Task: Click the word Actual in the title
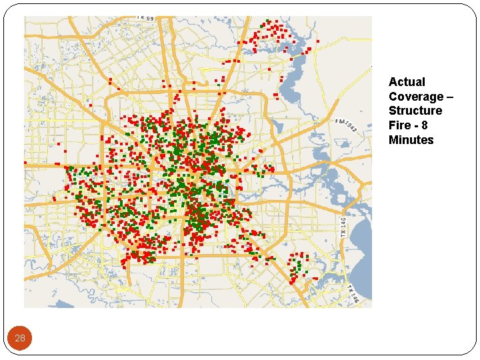(x=407, y=82)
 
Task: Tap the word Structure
(x=415, y=111)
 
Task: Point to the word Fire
(x=399, y=125)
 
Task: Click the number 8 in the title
(x=425, y=125)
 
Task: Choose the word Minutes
(x=411, y=140)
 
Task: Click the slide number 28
(x=20, y=338)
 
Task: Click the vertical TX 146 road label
(x=343, y=227)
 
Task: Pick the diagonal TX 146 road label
(x=352, y=294)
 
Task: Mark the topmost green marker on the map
(x=267, y=21)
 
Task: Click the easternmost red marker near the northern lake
(x=317, y=41)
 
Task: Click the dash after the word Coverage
(x=449, y=97)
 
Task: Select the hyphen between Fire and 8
(x=415, y=125)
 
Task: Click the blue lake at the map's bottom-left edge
(x=65, y=304)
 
